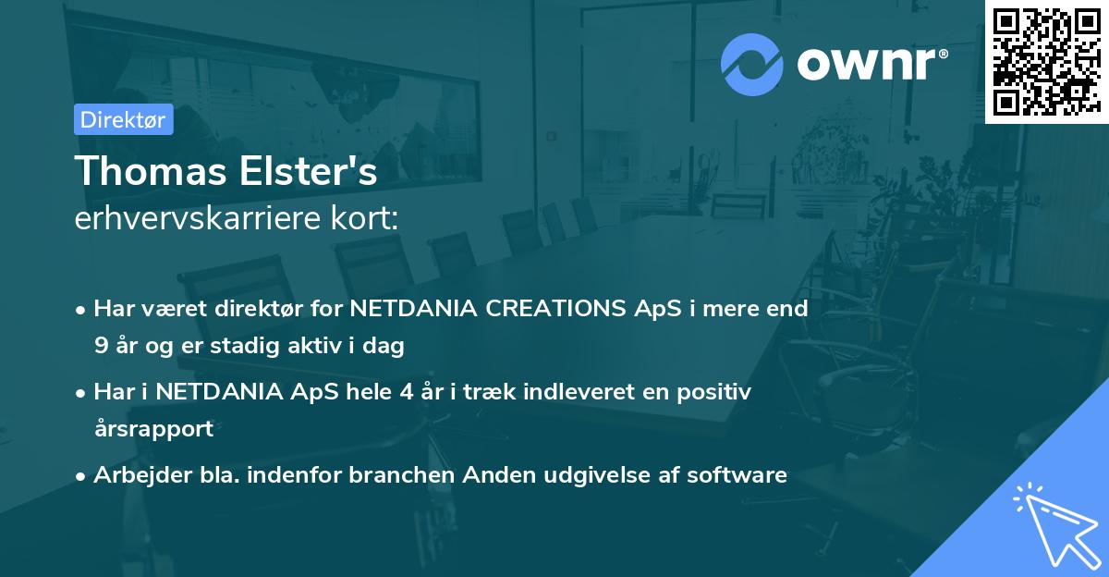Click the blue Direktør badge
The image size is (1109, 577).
point(124,119)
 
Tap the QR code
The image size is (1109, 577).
point(1046,62)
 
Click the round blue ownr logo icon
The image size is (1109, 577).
point(752,65)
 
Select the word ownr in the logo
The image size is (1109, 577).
point(867,64)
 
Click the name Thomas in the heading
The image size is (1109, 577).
point(151,170)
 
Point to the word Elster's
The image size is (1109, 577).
point(309,170)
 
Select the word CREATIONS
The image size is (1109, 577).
point(555,308)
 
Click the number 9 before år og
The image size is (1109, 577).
point(101,345)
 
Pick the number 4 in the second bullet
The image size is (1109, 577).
point(407,391)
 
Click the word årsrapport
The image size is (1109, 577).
point(154,429)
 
